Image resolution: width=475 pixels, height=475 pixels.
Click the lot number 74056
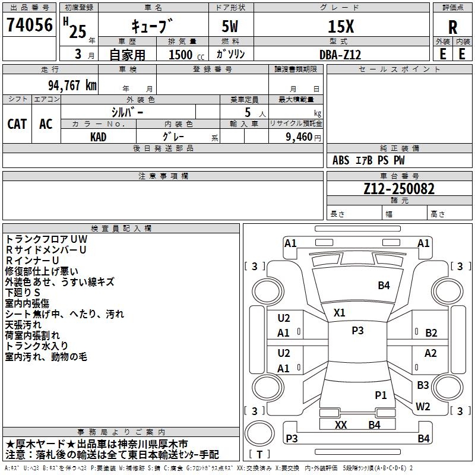[x=28, y=27]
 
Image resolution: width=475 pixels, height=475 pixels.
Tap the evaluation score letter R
[x=452, y=27]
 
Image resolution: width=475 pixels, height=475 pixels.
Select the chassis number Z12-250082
[x=399, y=189]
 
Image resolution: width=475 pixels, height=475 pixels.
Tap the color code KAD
[x=99, y=137]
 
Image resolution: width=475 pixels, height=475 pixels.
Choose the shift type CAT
[x=17, y=124]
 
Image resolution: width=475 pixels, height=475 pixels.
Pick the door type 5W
[x=231, y=27]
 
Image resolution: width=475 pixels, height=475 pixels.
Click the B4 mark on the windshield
[x=384, y=286]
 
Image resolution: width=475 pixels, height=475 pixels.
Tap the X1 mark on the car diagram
[x=339, y=312]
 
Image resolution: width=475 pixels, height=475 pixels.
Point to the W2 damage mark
[x=423, y=407]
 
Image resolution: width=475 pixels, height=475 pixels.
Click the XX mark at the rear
[x=341, y=425]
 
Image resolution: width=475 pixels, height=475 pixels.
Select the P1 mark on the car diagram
[x=381, y=395]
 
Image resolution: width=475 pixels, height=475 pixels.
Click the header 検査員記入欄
[x=121, y=229]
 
